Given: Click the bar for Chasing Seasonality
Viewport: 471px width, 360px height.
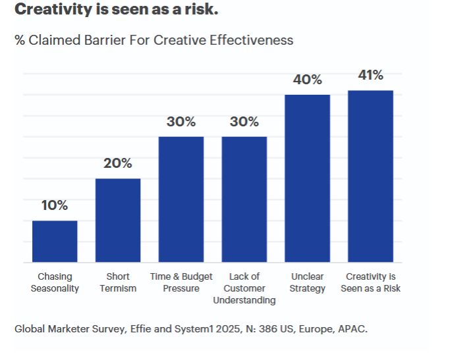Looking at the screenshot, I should coord(55,242).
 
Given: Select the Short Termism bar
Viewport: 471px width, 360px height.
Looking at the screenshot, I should coord(118,220).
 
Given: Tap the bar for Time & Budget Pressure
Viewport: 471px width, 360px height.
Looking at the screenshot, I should coord(181,199).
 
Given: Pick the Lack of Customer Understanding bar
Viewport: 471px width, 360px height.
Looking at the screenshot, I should coord(244,199).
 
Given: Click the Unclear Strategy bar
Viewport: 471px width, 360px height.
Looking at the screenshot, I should coord(308,178).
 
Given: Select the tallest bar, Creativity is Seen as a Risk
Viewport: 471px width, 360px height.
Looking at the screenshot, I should coord(371,176).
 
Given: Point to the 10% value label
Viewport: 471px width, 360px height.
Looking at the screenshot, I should coord(55,205).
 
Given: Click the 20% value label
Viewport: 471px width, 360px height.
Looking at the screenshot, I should coord(118,163).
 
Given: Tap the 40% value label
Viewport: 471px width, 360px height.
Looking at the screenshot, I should coord(308,80).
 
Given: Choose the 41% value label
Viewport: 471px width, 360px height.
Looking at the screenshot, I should coord(371,75).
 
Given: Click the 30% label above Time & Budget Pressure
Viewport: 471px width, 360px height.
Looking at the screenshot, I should coord(181,122).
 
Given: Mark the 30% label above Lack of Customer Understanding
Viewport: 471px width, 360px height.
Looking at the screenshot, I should coord(244,122).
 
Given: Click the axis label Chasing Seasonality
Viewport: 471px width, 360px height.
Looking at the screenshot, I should coord(55,282).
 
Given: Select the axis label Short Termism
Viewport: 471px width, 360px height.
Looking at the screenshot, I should coord(118,282).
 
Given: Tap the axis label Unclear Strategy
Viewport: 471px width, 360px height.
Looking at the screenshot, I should coord(308,282).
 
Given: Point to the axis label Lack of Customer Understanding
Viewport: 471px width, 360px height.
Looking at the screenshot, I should coord(244,288).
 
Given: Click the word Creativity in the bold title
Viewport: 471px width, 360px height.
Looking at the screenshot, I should coord(47,10).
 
